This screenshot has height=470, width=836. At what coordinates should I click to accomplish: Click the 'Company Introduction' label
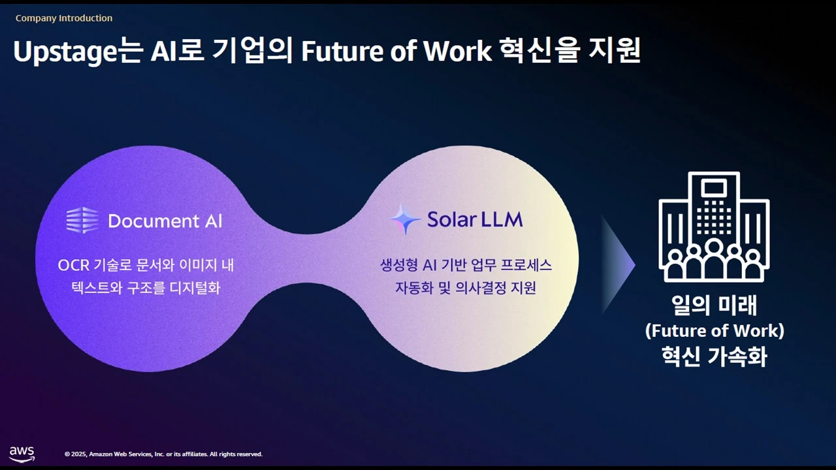click(x=64, y=18)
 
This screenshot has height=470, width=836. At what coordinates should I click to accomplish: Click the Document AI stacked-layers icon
click(x=82, y=220)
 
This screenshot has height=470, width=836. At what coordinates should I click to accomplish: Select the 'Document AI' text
click(x=165, y=221)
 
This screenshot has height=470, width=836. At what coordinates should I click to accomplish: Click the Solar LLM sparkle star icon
click(x=405, y=219)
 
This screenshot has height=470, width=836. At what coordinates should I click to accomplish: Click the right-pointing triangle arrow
click(x=618, y=265)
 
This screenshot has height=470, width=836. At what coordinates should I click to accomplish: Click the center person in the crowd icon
click(x=714, y=259)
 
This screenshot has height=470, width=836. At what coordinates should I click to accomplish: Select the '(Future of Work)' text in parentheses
click(x=715, y=331)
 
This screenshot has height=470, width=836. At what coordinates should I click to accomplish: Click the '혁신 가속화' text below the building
click(x=715, y=356)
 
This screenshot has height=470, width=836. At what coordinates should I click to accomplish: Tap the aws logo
click(x=22, y=454)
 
